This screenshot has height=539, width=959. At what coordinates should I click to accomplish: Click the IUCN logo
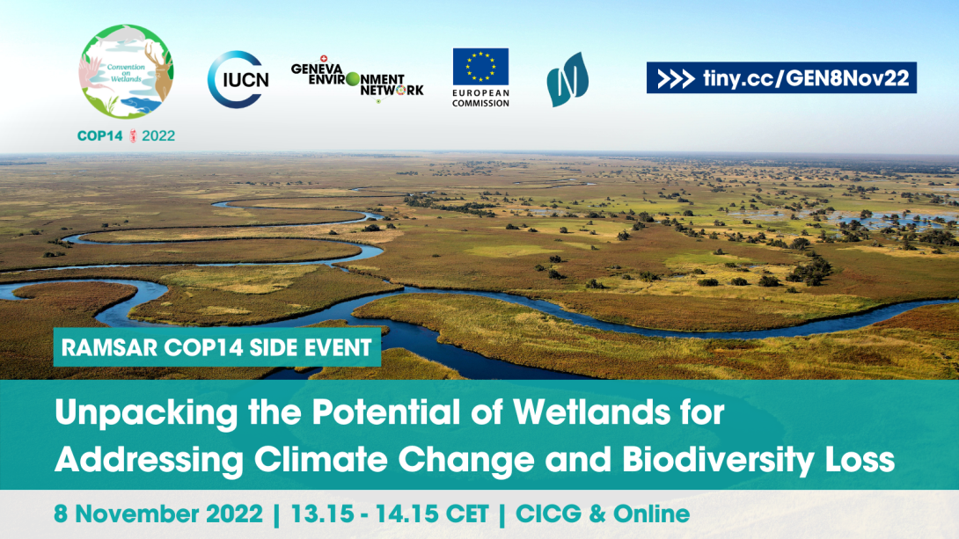pos(238,79)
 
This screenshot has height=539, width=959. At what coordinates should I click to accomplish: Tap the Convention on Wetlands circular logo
pos(127,71)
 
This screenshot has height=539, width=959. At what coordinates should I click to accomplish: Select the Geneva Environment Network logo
pos(357,79)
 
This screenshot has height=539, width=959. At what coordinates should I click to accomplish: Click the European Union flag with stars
pos(480,66)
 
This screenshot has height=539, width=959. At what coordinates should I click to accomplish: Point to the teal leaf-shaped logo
pos(567,79)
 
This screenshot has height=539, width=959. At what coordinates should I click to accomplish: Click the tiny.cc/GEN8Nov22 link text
pos(806,78)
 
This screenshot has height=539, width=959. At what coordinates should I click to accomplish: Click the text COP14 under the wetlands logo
pos(99,135)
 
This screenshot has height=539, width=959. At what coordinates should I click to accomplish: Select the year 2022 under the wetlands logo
pos(158,135)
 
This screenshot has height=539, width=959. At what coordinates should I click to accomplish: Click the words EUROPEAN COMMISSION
pos(480,98)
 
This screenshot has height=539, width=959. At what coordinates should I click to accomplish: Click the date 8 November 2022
pos(158,514)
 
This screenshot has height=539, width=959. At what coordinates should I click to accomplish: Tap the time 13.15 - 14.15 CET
pos(390,514)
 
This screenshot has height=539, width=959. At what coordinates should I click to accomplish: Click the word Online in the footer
pos(651,514)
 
